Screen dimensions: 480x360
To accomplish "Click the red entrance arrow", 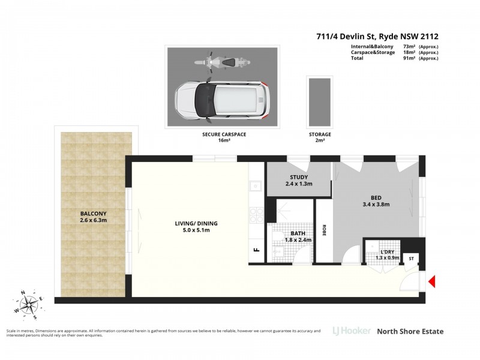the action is [431, 281].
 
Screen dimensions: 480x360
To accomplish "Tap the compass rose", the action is [29, 304].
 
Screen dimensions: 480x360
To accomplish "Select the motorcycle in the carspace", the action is [223, 62].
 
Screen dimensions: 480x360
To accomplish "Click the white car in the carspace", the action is [223, 100].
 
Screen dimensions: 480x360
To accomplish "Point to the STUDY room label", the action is [299, 177].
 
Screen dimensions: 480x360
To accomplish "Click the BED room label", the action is [376, 198].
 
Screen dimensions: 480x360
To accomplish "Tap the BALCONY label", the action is [94, 214].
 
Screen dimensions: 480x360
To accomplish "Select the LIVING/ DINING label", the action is [196, 223].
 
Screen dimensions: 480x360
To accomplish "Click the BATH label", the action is [298, 233].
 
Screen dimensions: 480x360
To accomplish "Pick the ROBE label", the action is [324, 230].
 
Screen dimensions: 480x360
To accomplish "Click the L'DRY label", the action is [387, 252].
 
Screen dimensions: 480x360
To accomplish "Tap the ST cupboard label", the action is [411, 259].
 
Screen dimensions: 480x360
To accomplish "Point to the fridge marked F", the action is [257, 250].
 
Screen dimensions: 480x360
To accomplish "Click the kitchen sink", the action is [255, 186].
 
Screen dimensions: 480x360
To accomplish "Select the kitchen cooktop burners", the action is [257, 215].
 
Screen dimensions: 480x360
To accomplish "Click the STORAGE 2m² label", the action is [320, 137].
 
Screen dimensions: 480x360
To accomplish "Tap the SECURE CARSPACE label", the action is [224, 137].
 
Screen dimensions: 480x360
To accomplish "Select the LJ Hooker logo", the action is [352, 331].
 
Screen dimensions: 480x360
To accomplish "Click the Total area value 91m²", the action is [409, 58].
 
